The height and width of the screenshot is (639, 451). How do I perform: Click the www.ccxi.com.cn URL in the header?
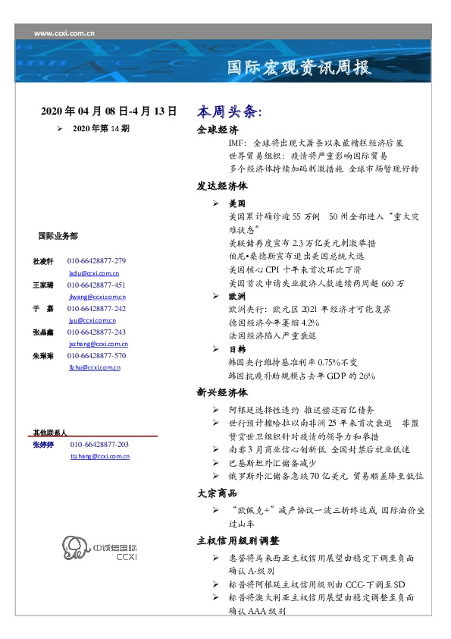(64, 33)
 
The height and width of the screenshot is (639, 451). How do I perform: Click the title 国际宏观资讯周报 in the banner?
(300, 68)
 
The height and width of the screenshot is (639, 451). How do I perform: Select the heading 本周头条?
(230, 112)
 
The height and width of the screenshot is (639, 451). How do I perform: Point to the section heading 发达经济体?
(222, 186)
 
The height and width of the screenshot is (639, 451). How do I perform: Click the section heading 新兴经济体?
(222, 393)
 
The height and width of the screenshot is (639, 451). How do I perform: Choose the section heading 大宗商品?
(218, 493)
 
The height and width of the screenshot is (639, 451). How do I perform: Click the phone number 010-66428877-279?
(96, 260)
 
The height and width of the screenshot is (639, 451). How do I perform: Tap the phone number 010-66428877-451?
(96, 285)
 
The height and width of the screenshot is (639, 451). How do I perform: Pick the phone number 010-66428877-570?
(96, 356)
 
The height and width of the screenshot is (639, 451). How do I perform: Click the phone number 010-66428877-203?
(99, 444)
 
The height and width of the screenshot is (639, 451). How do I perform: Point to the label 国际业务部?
(57, 236)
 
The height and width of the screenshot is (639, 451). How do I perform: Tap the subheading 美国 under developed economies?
(236, 204)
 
